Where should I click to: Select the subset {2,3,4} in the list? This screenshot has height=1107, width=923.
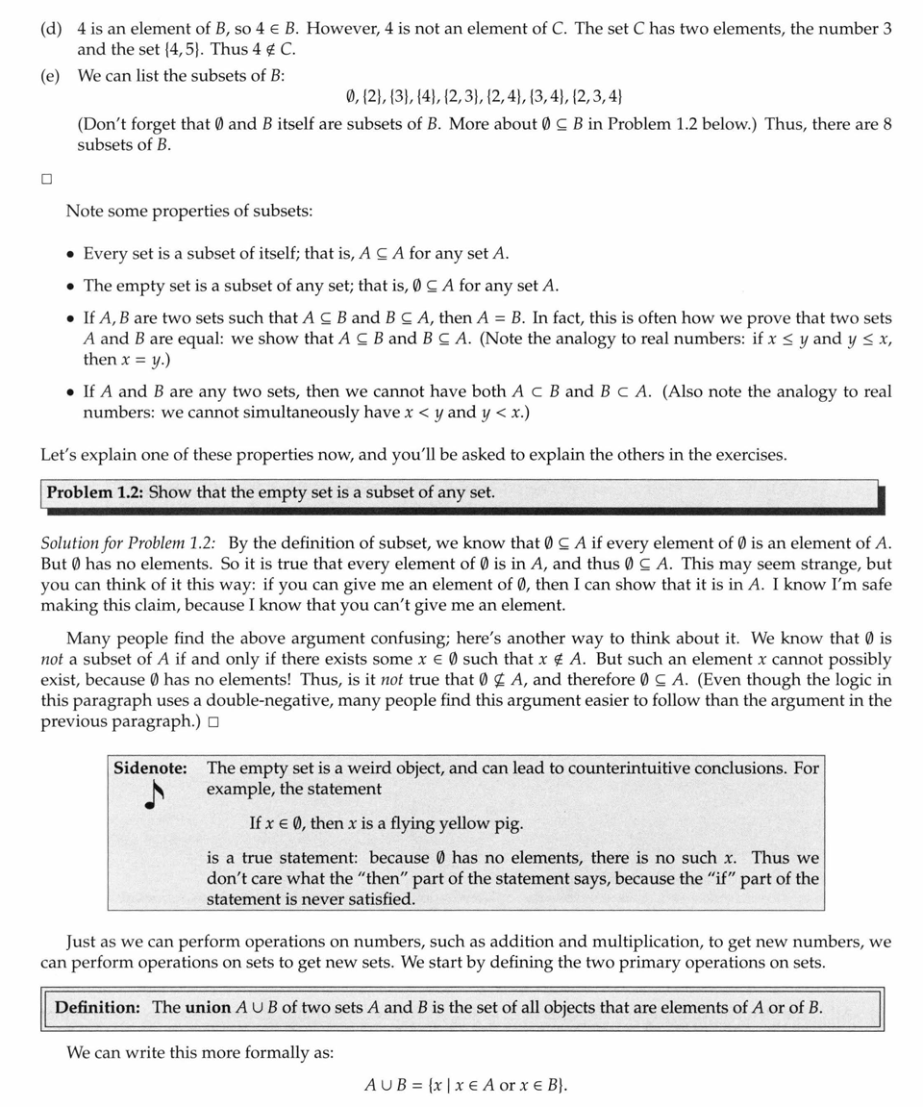pyautogui.click(x=596, y=96)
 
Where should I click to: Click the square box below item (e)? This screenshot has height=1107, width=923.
pyautogui.click(x=46, y=180)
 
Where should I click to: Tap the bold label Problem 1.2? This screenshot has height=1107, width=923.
pyautogui.click(x=94, y=492)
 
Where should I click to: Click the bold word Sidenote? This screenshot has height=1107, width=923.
pyautogui.click(x=150, y=768)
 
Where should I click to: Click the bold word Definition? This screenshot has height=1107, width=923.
pyautogui.click(x=97, y=1008)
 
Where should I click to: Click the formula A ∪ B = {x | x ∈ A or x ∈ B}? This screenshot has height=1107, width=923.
pyautogui.click(x=465, y=1086)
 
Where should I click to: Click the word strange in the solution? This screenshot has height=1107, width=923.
pyautogui.click(x=832, y=565)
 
